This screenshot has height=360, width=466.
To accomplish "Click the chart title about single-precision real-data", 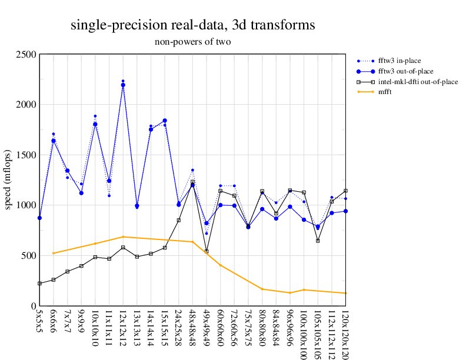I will tap(192, 25).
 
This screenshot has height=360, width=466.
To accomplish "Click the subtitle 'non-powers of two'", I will tap(192, 42).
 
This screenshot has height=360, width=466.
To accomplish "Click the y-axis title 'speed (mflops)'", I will tap(8, 180).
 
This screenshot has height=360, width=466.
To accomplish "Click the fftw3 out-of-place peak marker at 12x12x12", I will tap(123, 85).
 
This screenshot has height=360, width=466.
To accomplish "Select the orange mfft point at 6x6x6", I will tap(54, 253).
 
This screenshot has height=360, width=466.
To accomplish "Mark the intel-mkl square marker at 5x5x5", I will tap(39, 284).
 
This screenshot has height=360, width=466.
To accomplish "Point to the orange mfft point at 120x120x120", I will tap(345, 293).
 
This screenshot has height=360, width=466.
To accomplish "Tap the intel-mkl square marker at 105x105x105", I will tap(318, 241).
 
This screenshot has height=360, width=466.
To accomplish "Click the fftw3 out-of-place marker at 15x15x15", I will tap(165, 121).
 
